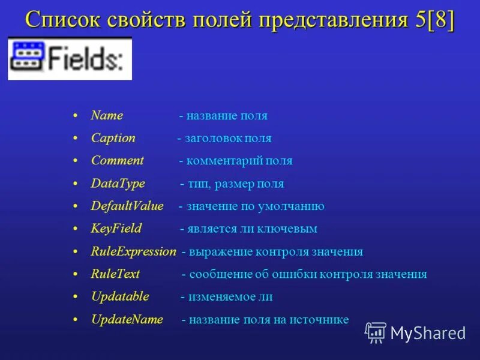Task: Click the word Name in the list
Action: click(107, 116)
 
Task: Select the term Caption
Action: click(113, 138)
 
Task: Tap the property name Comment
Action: click(117, 161)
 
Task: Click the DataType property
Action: click(118, 184)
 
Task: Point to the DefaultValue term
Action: click(127, 206)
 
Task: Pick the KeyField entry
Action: click(116, 229)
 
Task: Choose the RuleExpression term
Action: click(133, 251)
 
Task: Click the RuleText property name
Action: click(115, 274)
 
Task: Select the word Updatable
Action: click(119, 296)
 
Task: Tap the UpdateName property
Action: click(127, 320)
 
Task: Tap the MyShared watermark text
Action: click(428, 333)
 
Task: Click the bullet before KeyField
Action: click(75, 229)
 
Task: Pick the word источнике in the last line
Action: click(320, 320)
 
